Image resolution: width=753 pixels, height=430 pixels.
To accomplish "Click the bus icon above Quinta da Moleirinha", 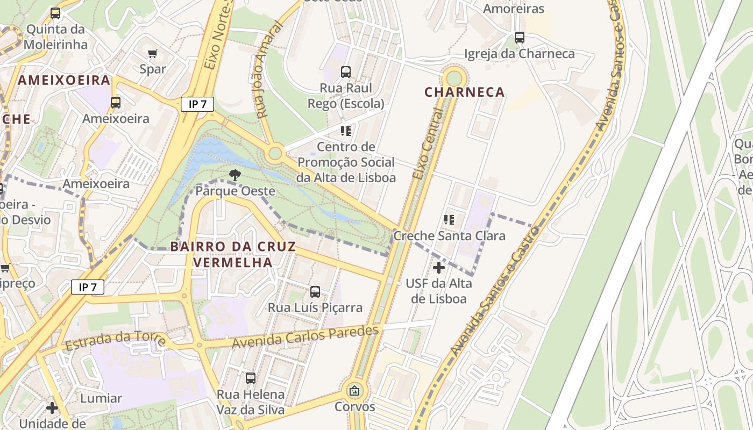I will pos(55,13).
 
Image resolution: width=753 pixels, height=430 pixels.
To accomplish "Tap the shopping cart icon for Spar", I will pos(153,53).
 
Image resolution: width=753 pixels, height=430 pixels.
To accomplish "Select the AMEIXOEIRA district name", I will pos(64,81).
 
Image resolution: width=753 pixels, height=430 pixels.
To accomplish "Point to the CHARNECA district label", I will pos(465,92).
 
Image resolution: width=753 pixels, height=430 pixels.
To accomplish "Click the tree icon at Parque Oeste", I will pos(235,175).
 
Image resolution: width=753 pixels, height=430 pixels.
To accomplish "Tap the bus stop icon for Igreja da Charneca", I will pos(519,38).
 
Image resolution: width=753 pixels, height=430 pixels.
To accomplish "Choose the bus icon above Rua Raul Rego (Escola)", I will pos(346,71).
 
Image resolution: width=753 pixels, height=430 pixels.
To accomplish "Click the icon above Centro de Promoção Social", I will pos(346,131).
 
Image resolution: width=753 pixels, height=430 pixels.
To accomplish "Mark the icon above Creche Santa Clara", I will pos(449,219).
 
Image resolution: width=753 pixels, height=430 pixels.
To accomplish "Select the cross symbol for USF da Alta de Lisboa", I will pos(439,267).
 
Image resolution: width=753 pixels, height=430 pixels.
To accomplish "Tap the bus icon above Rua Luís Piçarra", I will pos(315,292).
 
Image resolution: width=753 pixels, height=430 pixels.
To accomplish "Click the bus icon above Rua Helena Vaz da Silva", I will pos(251,378).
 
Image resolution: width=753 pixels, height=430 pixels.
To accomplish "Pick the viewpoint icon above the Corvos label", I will pos(354,391).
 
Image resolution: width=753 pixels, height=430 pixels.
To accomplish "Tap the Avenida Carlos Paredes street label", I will pos(306,336).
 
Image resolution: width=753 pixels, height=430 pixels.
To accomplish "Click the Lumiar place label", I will pos(101,398).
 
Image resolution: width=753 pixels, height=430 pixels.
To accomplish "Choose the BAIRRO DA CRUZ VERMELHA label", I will pos(233,254).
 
